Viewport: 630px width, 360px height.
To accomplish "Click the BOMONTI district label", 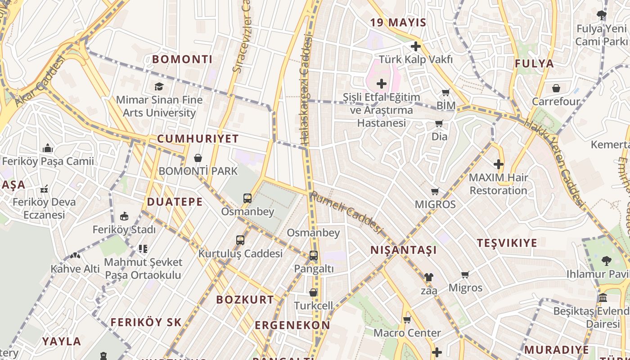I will click(182, 59).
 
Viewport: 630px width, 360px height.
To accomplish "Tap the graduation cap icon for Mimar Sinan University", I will click(158, 86).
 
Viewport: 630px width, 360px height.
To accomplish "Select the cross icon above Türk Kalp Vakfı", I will click(415, 46).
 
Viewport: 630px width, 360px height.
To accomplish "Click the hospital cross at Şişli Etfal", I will click(382, 84).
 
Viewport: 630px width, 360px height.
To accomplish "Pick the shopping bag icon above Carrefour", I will click(556, 88).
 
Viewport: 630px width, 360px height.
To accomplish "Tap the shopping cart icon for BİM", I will click(445, 93).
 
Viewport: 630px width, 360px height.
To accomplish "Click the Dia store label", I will click(439, 136).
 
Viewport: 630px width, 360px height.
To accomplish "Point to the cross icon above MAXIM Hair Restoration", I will click(498, 164).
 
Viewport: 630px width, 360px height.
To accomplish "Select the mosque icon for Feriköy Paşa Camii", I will click(48, 148).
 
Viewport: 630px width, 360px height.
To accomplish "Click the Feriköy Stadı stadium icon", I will click(124, 216).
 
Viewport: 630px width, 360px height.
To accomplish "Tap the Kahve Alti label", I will click(75, 269).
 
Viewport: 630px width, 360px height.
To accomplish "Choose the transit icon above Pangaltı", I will click(314, 256).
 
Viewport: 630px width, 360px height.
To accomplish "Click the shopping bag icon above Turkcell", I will click(313, 292).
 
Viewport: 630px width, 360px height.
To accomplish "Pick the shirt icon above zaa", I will click(428, 277).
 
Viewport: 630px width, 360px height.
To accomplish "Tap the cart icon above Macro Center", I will click(407, 320).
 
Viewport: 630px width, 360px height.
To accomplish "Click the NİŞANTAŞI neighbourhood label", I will click(403, 250).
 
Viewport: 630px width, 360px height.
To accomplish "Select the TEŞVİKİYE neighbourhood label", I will click(507, 243).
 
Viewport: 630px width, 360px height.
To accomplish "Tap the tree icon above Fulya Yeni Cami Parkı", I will click(601, 16).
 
